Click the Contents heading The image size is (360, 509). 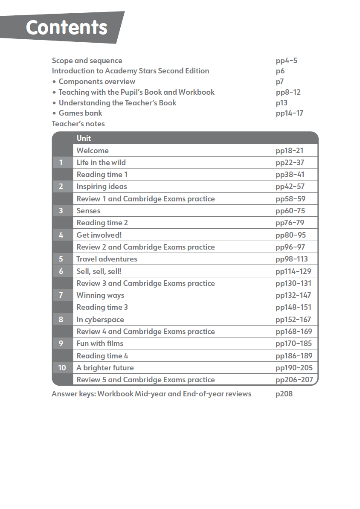click(x=67, y=28)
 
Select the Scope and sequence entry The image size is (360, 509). click(x=87, y=61)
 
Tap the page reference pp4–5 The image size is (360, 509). click(x=286, y=61)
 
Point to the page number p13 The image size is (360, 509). click(x=282, y=103)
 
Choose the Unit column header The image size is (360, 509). click(x=84, y=138)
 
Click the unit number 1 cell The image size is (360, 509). click(x=61, y=163)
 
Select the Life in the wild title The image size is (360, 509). click(x=101, y=163)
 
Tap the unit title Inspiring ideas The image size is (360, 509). click(x=102, y=186)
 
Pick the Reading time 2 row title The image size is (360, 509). click(x=102, y=223)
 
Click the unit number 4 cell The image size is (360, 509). click(x=61, y=235)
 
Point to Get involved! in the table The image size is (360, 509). click(x=99, y=235)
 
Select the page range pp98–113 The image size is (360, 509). click(x=291, y=259)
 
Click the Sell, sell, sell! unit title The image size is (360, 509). click(x=99, y=271)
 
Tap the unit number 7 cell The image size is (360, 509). click(x=61, y=295)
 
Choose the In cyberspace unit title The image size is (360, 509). click(x=100, y=320)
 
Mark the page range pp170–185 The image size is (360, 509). click(x=293, y=343)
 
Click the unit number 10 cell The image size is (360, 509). click(x=62, y=368)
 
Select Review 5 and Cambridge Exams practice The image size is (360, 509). click(x=145, y=380)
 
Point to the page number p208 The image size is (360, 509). click(x=284, y=394)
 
